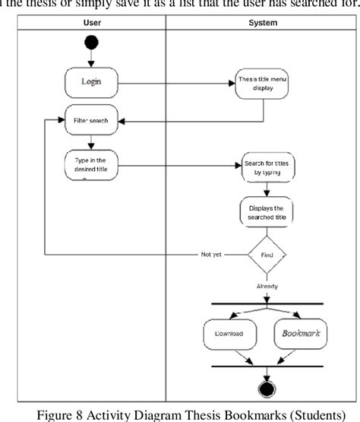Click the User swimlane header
pyautogui.click(x=91, y=23)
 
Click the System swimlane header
pyautogui.click(x=263, y=23)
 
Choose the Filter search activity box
pyautogui.click(x=91, y=120)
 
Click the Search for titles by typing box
pyautogui.click(x=266, y=168)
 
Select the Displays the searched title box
pyautogui.click(x=266, y=211)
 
